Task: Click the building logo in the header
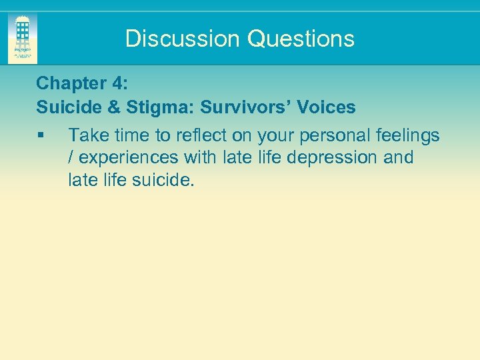(23, 38)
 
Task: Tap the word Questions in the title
(301, 39)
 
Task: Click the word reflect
(201, 136)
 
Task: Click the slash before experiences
(71, 158)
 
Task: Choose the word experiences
(127, 158)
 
